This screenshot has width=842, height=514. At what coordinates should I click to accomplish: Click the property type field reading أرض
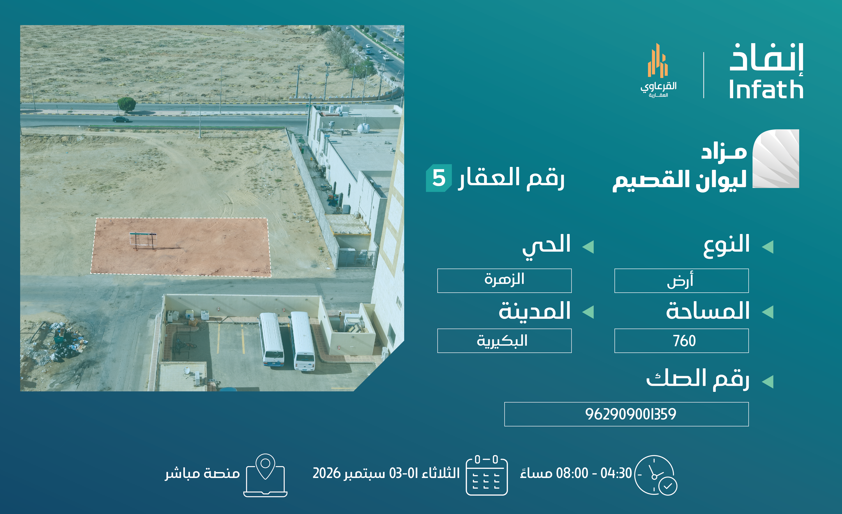(x=681, y=281)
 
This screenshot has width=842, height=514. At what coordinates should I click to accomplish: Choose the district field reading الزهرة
(x=504, y=281)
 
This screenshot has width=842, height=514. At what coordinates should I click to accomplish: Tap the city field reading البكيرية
(x=504, y=341)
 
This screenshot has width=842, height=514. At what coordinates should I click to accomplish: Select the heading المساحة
(x=708, y=311)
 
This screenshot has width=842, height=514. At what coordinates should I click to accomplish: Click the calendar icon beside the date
(x=487, y=475)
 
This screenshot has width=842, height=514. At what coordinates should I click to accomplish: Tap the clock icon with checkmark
(x=655, y=475)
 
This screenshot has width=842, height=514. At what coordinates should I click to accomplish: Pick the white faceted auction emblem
(x=776, y=159)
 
